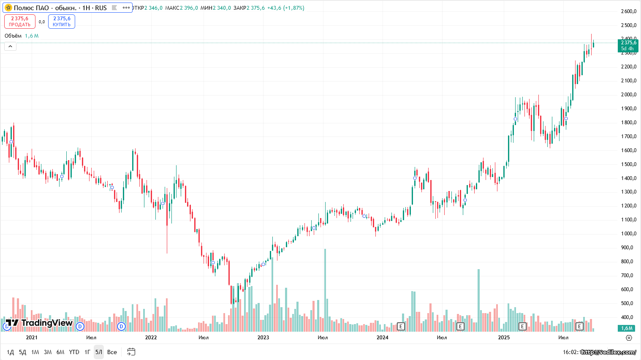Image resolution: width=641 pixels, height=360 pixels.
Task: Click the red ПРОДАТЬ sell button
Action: [19, 22]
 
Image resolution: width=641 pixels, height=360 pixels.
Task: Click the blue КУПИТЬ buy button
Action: [62, 22]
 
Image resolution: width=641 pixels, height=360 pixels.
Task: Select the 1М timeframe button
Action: [35, 352]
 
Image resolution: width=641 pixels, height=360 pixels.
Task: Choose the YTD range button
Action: [74, 352]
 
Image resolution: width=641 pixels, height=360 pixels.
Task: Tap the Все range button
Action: [112, 352]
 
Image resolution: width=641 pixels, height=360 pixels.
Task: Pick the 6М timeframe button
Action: [60, 352]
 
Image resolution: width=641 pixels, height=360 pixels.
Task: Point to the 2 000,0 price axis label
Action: [628, 95]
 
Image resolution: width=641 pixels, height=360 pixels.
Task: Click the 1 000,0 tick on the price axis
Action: [628, 234]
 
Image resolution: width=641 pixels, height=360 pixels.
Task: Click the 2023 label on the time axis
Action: [263, 337]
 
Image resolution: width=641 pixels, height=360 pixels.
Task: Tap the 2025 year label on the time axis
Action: [504, 337]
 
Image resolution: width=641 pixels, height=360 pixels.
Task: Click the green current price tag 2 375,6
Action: [628, 45]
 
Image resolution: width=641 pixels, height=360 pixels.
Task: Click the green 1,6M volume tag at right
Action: [627, 328]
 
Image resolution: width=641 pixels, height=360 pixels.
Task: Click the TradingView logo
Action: [39, 323]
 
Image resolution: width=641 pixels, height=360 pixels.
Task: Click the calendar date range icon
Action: [131, 352]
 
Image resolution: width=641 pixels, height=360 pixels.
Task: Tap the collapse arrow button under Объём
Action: [10, 46]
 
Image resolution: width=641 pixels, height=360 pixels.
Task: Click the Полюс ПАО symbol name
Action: [45, 8]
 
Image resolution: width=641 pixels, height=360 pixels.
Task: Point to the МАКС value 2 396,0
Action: [189, 8]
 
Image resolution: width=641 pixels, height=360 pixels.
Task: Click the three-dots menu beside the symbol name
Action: [126, 8]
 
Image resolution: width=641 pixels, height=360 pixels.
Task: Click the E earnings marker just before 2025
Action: [460, 326]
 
